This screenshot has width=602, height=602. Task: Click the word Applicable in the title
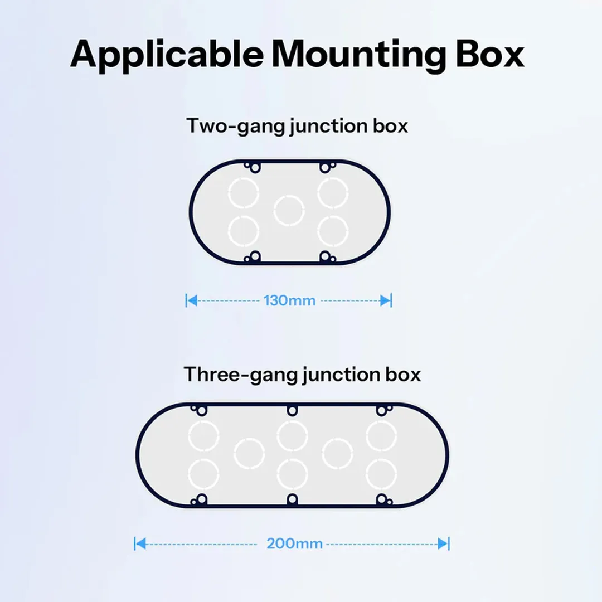pyautogui.click(x=167, y=55)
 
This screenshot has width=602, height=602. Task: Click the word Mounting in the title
pyautogui.click(x=358, y=55)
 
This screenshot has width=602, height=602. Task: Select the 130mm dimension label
pyautogui.click(x=289, y=300)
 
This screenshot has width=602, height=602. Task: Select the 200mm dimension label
pyautogui.click(x=294, y=543)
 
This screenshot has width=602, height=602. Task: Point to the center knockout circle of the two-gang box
pyautogui.click(x=289, y=211)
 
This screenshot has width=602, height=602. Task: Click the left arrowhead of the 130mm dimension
pyautogui.click(x=192, y=300)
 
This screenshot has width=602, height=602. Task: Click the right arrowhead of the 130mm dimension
pyautogui.click(x=386, y=300)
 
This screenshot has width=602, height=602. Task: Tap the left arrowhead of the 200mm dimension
pyautogui.click(x=140, y=543)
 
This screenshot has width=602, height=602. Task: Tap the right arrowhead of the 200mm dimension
pyautogui.click(x=443, y=543)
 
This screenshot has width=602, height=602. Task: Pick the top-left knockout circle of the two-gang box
pyautogui.click(x=244, y=193)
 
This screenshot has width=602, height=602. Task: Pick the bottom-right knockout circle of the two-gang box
pyautogui.click(x=333, y=231)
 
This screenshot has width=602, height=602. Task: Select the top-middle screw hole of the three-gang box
pyautogui.click(x=292, y=410)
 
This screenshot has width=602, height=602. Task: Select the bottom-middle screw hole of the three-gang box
pyautogui.click(x=292, y=499)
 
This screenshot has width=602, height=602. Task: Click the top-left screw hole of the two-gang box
pyautogui.click(x=255, y=167)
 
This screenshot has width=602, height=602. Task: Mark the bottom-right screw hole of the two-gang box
pyautogui.click(x=325, y=256)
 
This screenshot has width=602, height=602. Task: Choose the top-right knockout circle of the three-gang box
pyautogui.click(x=381, y=436)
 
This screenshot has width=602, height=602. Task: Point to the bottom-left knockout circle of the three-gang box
pyautogui.click(x=203, y=474)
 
